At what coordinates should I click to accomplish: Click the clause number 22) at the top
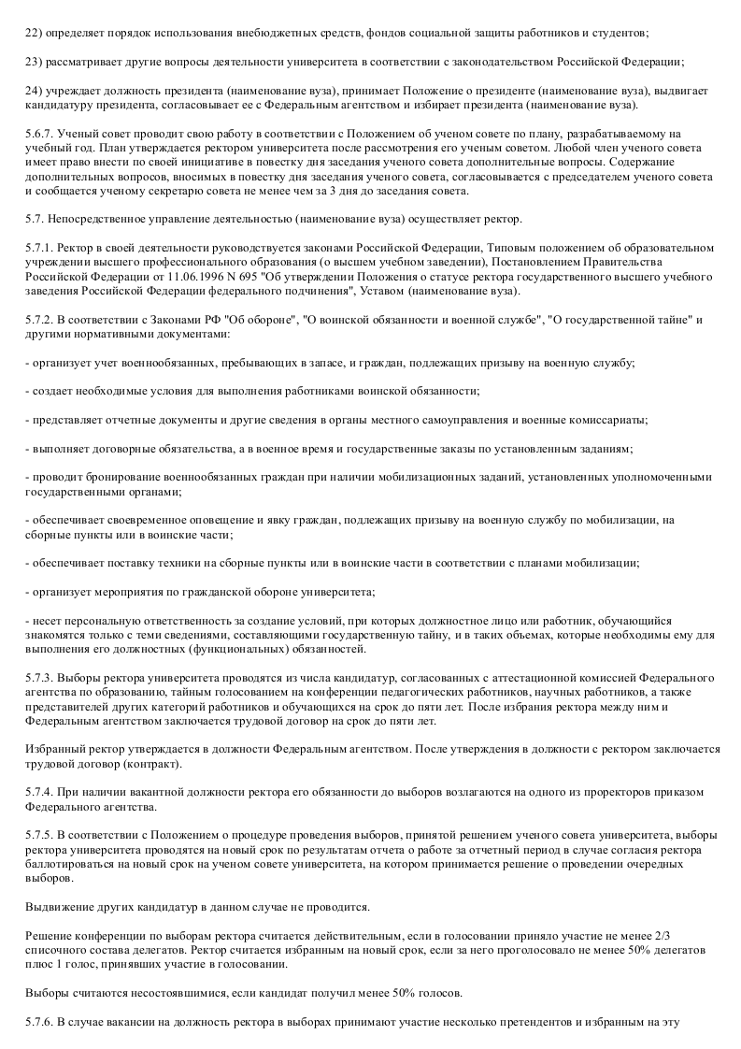[x=36, y=34]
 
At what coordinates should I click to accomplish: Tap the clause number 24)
[x=36, y=90]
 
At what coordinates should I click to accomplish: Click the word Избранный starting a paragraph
[x=54, y=750]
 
